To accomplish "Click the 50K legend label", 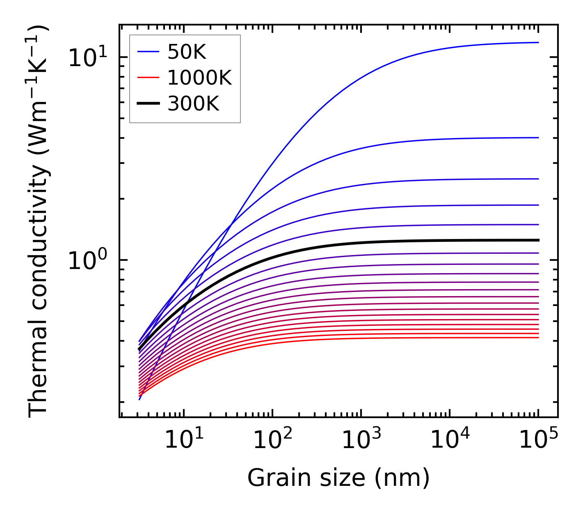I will pyautogui.click(x=186, y=52).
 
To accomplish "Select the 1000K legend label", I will pyautogui.click(x=199, y=78).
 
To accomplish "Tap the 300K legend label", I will pyautogui.click(x=193, y=104).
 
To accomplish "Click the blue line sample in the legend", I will pyautogui.click(x=148, y=52).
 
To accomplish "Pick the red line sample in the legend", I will pyautogui.click(x=148, y=78).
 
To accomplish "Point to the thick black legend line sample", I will pyautogui.click(x=148, y=103).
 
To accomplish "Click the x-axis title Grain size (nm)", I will pyautogui.click(x=338, y=478).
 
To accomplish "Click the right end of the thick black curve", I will pyautogui.click(x=538, y=240).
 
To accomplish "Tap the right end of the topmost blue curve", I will pyautogui.click(x=538, y=42).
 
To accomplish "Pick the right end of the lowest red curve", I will pyautogui.click(x=538, y=338).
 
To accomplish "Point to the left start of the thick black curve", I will pyautogui.click(x=139, y=349).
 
